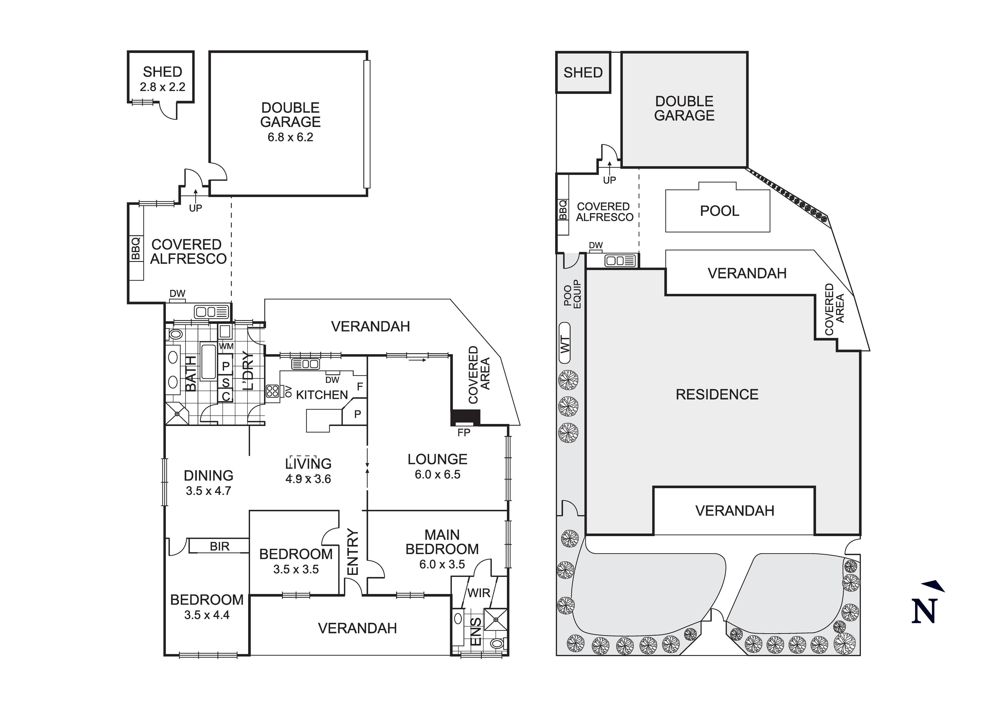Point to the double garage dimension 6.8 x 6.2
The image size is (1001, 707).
coord(290,137)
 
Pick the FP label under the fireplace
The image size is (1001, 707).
coord(464,433)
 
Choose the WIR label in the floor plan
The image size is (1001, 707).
coord(479,593)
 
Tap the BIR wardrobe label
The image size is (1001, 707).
coord(219,546)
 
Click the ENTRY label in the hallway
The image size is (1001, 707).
coord(352,552)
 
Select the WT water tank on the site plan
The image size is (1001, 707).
coord(564,343)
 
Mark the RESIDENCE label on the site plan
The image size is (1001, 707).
coord(717,395)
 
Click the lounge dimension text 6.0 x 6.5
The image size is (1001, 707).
coord(437,474)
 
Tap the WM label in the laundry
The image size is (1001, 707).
coord(226,347)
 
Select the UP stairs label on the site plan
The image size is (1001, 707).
coord(609,179)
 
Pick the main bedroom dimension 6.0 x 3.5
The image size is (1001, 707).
coord(442,564)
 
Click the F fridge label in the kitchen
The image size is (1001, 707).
coord(360,386)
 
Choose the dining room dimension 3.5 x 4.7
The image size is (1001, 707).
coord(208,491)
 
